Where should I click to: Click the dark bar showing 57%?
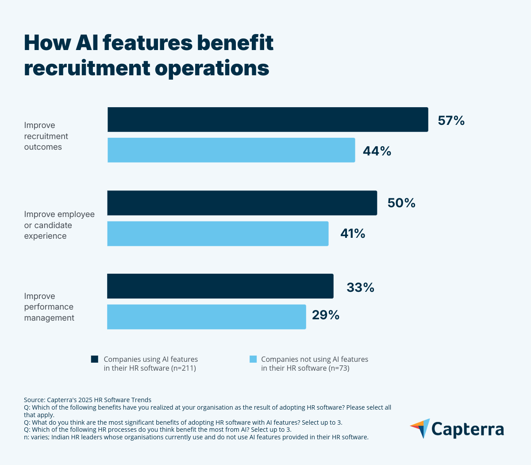click(x=268, y=120)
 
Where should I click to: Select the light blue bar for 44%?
click(x=231, y=150)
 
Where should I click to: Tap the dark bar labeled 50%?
click(x=242, y=203)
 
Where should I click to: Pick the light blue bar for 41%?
click(x=218, y=233)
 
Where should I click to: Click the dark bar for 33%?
click(x=220, y=286)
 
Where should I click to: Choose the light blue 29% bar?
click(x=206, y=317)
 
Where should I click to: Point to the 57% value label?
click(x=451, y=120)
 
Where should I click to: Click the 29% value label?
click(x=326, y=315)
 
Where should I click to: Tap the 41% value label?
click(x=353, y=233)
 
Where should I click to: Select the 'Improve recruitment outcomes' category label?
click(x=46, y=136)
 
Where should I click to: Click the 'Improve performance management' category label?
click(x=49, y=307)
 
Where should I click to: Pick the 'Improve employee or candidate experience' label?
click(x=59, y=225)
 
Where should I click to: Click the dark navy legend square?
click(x=95, y=359)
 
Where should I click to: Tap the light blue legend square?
click(x=253, y=359)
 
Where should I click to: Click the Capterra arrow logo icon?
click(x=420, y=428)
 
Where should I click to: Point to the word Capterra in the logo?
click(x=467, y=429)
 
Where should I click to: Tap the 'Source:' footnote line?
click(x=88, y=399)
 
